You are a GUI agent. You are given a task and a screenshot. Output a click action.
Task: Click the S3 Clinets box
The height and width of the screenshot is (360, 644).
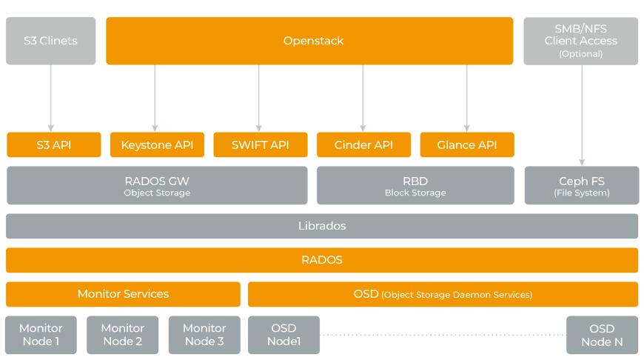pos(50,41)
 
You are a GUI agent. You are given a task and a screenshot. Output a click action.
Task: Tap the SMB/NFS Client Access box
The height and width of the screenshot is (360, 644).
pos(581,41)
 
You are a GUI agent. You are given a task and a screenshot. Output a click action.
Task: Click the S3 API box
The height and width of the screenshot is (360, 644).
pos(53,145)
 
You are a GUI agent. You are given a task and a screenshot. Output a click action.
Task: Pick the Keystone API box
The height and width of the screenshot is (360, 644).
pos(157,145)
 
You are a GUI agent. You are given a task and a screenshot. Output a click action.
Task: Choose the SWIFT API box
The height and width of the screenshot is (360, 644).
pos(260,145)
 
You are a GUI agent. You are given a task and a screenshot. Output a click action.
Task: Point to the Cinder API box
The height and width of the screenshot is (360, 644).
pos(363,145)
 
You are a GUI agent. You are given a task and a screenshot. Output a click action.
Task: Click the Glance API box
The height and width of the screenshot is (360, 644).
pos(466,145)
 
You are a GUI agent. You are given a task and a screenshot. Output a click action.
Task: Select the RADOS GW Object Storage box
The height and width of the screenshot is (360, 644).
pos(157,185)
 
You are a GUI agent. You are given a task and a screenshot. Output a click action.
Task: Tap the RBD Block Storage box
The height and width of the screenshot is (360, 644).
pos(415,185)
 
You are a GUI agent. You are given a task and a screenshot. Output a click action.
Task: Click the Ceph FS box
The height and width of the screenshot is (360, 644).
pos(582,185)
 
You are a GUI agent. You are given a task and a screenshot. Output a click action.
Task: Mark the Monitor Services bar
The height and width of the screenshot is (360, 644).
pos(123,294)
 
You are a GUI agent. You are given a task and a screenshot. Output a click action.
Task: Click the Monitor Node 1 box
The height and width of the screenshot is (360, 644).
pos(41,335)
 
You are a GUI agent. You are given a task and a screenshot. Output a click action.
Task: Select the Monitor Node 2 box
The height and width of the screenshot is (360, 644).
pos(123,335)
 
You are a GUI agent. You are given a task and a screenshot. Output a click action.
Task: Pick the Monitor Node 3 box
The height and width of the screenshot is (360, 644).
pos(204,335)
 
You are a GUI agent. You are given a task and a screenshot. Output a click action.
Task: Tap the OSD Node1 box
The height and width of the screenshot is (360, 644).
pos(284,335)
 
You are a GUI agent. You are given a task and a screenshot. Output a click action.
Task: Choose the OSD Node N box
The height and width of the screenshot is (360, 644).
pos(602,335)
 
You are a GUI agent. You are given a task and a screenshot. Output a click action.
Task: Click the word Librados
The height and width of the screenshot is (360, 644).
pos(322,226)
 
